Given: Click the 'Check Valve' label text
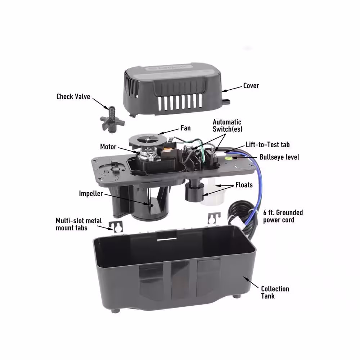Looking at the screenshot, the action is point(73,96).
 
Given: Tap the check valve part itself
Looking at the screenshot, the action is point(112,120).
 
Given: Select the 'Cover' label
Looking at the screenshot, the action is point(251,86).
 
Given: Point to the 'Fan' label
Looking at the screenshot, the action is point(185,128).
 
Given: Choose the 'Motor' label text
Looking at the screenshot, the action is point(108,147).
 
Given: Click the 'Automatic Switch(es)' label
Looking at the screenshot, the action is point(227,126).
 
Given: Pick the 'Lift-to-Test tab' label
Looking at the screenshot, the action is point(268,145).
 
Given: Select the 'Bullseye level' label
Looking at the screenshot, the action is point(279,157).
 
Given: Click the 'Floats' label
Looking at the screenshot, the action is point(244,185).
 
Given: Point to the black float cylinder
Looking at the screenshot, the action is point(194,190).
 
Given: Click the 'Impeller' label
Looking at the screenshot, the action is point(91,194).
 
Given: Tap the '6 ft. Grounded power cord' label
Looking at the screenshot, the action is point(283,216).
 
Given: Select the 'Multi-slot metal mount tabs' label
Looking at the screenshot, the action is point(79,224).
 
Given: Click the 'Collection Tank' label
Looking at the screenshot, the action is point(275,292).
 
